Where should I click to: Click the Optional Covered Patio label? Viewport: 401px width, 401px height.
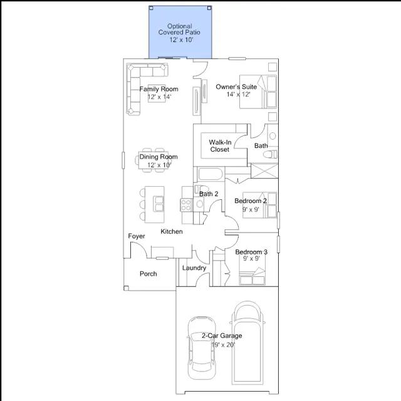pos(179,29)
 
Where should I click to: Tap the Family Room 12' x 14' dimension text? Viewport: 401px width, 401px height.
pos(159,97)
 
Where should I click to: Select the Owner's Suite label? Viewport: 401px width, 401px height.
pos(236,86)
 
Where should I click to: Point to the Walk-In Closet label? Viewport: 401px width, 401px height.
pos(220,146)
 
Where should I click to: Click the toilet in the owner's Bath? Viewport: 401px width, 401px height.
pos(270,154)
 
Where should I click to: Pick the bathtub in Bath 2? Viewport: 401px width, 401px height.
pos(211,174)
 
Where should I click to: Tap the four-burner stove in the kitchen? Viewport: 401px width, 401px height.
pos(186,205)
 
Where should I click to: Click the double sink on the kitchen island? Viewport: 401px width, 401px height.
pos(159,204)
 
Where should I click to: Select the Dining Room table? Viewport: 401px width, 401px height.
pos(154,160)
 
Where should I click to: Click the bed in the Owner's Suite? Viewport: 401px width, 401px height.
pos(258,91)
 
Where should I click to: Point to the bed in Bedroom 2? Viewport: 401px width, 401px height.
pos(259,205)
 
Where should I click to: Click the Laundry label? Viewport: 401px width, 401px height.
pos(194,268)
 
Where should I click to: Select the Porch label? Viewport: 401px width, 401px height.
pos(148,274)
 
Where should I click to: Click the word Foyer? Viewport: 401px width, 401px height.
pos(137,236)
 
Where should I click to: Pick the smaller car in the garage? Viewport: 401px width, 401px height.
pos(202,348)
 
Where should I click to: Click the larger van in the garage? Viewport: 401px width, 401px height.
pos(247,343)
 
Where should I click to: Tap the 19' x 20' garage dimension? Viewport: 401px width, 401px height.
pos(223,345)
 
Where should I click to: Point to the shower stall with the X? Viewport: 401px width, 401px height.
pos(264,170)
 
